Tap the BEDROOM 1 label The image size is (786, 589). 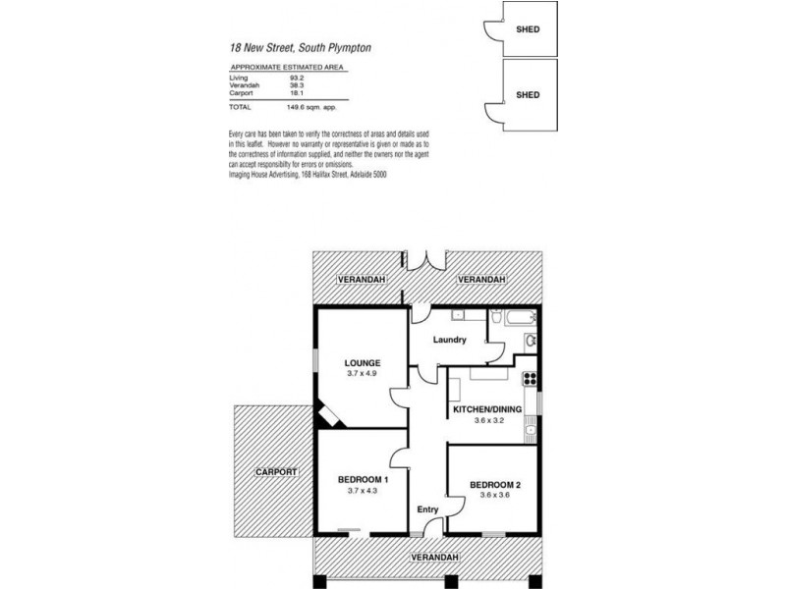click(x=363, y=479)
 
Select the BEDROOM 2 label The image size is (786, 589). click(x=494, y=486)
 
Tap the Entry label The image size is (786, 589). click(x=427, y=509)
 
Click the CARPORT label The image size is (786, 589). click(x=276, y=472)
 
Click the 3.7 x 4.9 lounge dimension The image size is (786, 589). click(x=363, y=374)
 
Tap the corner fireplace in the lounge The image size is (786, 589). click(x=328, y=416)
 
